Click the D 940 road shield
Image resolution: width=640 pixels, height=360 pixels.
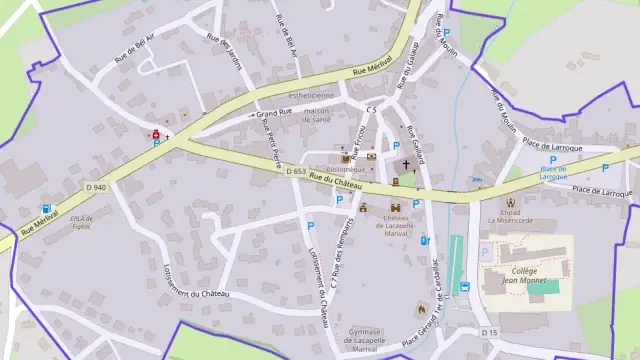point(96,187)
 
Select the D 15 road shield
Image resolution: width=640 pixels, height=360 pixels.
point(489,332)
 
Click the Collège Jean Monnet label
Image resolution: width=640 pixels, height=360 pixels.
point(518,275)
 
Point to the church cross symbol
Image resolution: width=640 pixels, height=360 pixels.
point(406,165)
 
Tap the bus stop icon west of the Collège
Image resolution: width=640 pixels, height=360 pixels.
point(465,288)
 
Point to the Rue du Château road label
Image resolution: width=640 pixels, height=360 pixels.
point(335,181)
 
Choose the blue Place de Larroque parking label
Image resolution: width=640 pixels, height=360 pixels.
point(560,170)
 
